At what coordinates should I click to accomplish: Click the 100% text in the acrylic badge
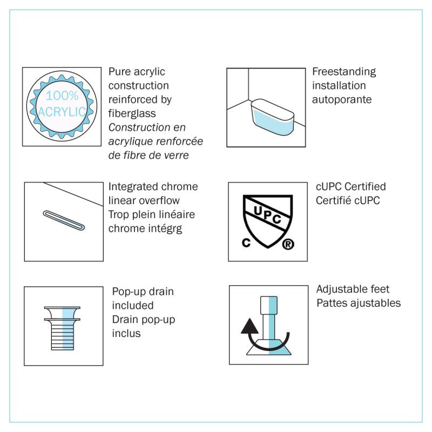click(x=62, y=96)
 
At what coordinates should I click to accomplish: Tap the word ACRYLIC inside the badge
click(x=62, y=112)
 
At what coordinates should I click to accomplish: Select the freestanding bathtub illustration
click(x=273, y=117)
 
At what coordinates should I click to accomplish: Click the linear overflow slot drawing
click(x=64, y=220)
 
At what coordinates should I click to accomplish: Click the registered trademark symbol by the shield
click(x=288, y=244)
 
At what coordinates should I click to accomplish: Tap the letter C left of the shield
click(x=246, y=242)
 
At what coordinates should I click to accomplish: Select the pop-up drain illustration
click(x=62, y=328)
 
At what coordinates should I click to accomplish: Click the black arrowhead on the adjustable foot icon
click(x=249, y=326)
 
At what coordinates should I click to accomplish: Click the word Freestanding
click(x=344, y=72)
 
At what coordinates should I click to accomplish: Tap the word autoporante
click(x=342, y=99)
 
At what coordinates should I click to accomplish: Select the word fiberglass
click(x=132, y=113)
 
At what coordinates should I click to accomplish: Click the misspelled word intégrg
click(x=165, y=228)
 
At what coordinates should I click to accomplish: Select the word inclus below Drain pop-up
click(x=126, y=333)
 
